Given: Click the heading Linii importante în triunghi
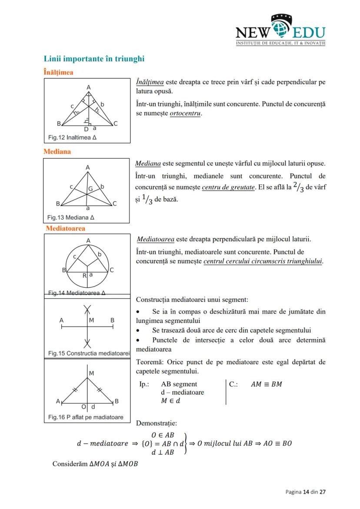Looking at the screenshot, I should point(94,59).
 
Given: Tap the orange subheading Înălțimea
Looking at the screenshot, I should point(58,72).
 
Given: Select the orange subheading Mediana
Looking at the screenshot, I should point(57,152).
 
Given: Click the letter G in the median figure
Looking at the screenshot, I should point(90,189).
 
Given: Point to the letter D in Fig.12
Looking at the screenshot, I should point(86,129).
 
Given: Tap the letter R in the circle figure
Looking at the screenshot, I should point(84,276).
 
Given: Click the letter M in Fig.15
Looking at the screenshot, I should point(91,320).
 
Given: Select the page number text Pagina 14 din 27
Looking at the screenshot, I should point(305,492).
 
